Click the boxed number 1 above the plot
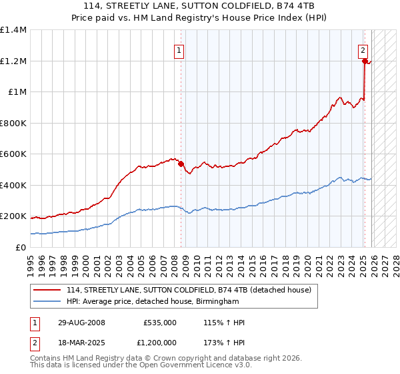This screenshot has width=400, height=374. click(180, 49)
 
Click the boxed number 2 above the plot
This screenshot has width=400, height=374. click(363, 49)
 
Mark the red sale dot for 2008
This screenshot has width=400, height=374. click(181, 164)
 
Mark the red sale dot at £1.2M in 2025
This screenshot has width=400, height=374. click(365, 61)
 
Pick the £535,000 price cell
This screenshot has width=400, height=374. click(160, 323)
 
